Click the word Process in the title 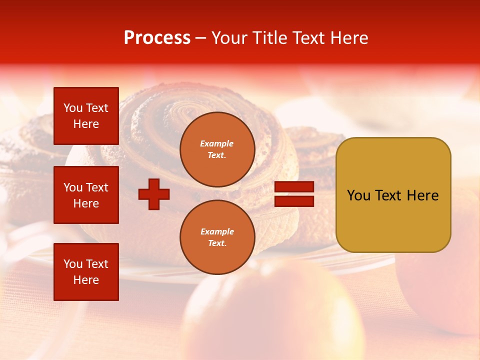coord(157,38)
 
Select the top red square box coord(86,116)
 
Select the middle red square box coord(86,195)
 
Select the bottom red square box coord(86,272)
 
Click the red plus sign coord(154,194)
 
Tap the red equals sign coord(294,194)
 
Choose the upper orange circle coord(217,149)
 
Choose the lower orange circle coord(217,237)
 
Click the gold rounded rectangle coord(393,195)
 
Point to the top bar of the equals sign coord(294,187)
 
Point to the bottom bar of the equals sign coord(294,201)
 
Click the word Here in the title coord(348,38)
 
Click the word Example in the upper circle coord(217,143)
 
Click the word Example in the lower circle coord(217,231)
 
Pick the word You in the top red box coord(73,108)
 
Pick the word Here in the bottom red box coord(86,280)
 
